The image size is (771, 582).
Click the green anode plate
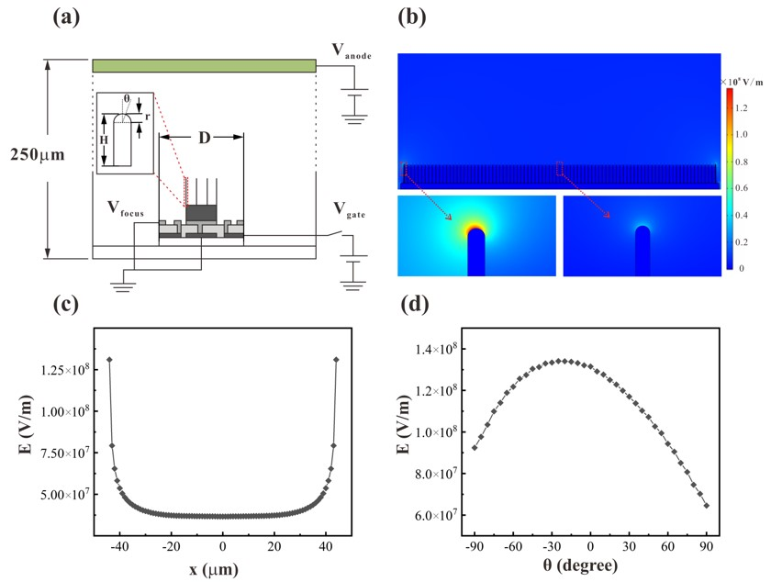pyautogui.click(x=204, y=65)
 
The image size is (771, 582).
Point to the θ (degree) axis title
pyautogui.click(x=591, y=568)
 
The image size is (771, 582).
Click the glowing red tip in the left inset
pyautogui.click(x=476, y=226)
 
